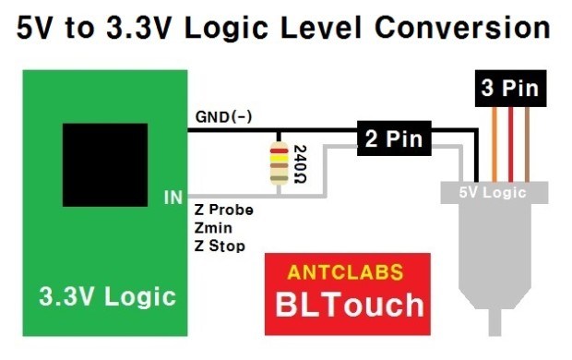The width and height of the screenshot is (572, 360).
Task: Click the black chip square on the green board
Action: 105,165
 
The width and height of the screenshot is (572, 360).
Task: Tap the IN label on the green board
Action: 173,198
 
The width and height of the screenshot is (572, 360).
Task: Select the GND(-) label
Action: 223,117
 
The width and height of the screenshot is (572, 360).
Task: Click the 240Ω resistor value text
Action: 300,164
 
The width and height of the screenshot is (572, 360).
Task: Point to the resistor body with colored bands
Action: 279,163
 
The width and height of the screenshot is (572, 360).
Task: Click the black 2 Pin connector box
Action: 394,138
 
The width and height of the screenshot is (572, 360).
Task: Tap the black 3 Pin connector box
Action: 510,89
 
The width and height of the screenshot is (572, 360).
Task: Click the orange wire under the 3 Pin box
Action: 495,144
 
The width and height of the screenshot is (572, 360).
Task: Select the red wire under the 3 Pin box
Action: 510,144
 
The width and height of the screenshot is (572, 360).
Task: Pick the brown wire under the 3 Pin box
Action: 527,144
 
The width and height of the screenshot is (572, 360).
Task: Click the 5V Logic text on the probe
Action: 493,192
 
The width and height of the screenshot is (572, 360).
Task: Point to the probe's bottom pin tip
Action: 495,334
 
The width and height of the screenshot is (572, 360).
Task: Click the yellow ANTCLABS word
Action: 345,272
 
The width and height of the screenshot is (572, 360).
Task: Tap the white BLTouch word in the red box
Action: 350,305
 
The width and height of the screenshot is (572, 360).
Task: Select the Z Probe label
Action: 223,210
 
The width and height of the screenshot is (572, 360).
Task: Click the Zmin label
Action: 213,228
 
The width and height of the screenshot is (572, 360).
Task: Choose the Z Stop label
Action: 220,246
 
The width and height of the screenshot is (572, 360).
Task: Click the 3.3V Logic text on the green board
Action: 108,296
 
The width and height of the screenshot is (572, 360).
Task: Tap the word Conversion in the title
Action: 462,27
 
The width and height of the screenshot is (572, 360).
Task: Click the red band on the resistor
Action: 279,150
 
